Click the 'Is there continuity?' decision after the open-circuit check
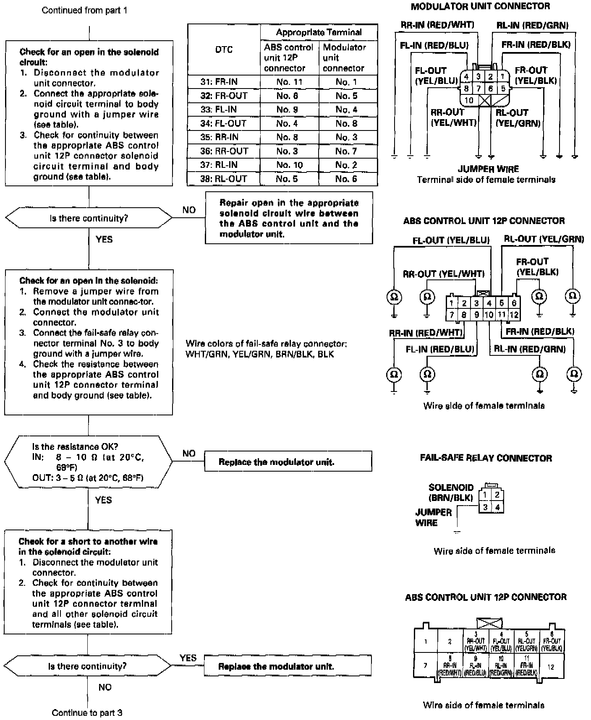[x=89, y=218]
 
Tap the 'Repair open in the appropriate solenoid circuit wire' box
[x=289, y=218]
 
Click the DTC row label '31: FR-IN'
[x=224, y=82]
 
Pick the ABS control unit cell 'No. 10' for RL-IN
[x=289, y=165]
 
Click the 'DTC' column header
[x=224, y=50]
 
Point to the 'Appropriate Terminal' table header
[x=319, y=32]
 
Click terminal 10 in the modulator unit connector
[x=469, y=100]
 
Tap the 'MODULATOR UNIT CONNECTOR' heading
[x=480, y=6]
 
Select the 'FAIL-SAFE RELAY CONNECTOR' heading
[x=486, y=458]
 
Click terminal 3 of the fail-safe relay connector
[x=485, y=507]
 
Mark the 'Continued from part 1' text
[x=84, y=10]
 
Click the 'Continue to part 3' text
[x=87, y=712]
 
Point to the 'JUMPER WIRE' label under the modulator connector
[x=488, y=169]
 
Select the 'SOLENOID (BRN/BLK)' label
[x=451, y=493]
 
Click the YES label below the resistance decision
[x=103, y=500]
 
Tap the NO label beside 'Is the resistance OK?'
[x=189, y=453]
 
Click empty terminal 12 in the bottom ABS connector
[x=551, y=666]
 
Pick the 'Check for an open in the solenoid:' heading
[x=89, y=281]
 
